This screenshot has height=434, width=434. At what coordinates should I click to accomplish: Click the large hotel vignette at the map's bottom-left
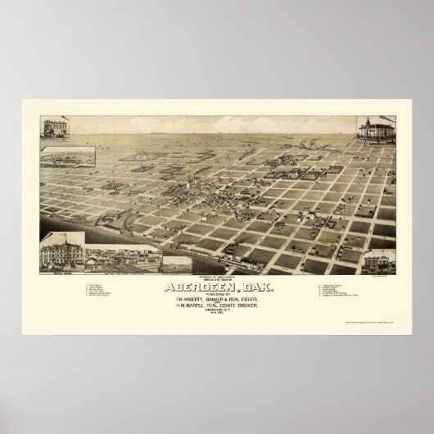[x=62, y=252]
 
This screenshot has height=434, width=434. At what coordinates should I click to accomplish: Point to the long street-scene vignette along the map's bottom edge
[x=123, y=260]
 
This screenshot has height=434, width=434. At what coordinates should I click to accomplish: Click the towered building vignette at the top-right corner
[x=374, y=130]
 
